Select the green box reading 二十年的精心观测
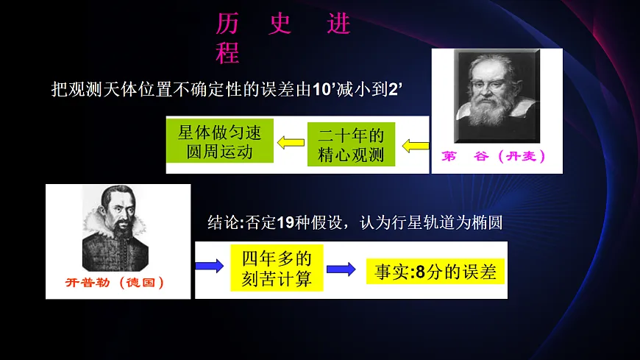(351, 145)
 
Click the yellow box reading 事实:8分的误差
(435, 272)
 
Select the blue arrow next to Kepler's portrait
(209, 266)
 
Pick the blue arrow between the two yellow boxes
(341, 269)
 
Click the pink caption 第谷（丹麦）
(494, 156)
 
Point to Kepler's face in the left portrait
(115, 208)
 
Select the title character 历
(227, 24)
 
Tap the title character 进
(338, 24)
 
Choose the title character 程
(227, 52)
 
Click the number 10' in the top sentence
(325, 90)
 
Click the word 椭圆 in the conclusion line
(488, 222)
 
